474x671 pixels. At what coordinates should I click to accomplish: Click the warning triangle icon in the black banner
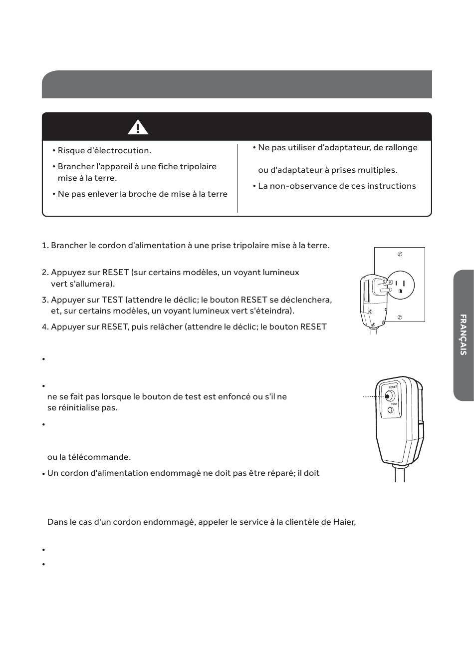click(x=138, y=127)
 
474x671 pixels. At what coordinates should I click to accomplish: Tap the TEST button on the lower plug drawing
click(x=391, y=410)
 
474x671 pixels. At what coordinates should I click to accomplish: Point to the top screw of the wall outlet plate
click(x=400, y=254)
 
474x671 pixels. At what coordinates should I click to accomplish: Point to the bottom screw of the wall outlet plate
click(x=400, y=317)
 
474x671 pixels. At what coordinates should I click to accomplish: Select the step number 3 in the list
click(x=44, y=300)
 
